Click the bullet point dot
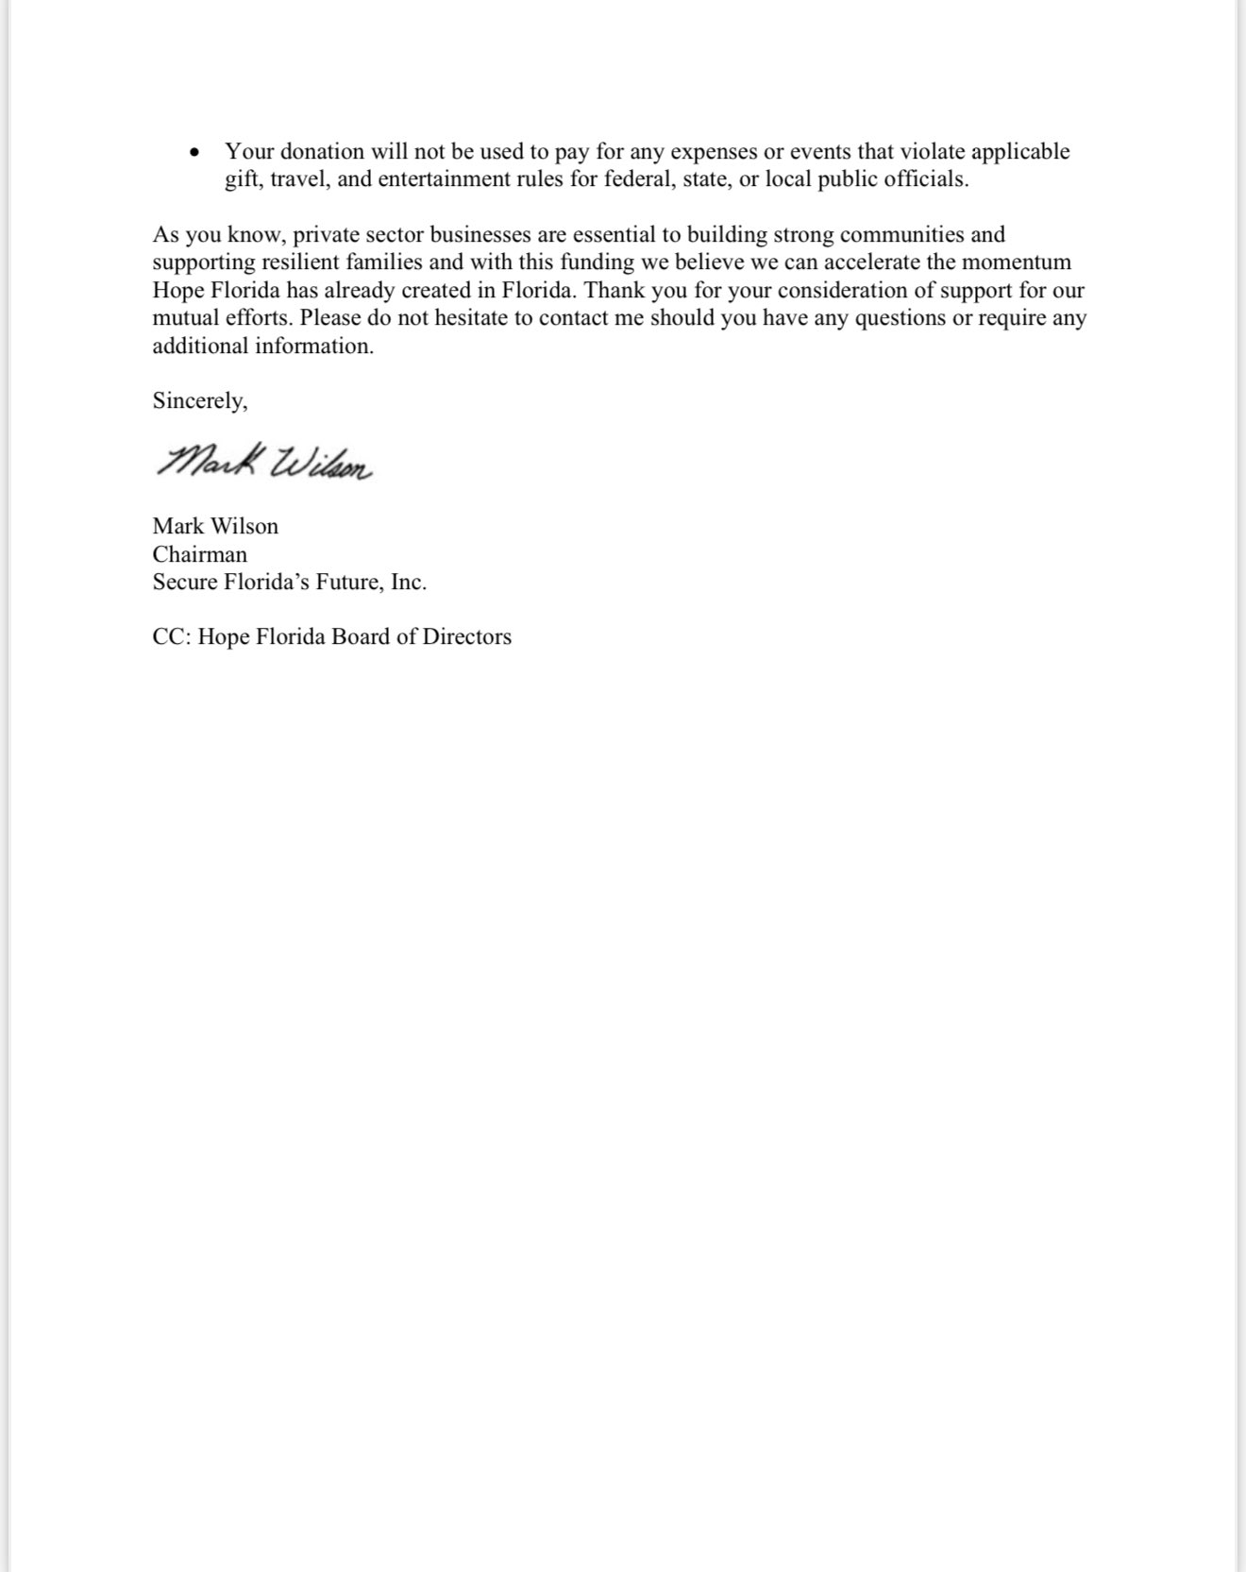click(194, 152)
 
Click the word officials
click(926, 179)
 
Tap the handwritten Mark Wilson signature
click(264, 461)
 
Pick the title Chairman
click(200, 554)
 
